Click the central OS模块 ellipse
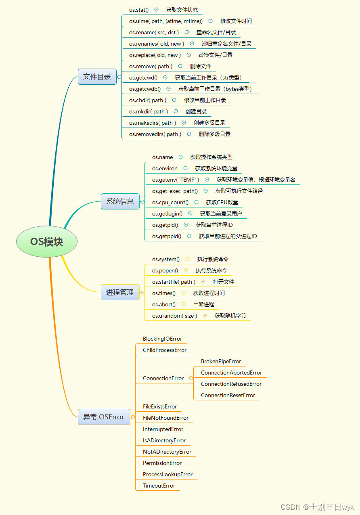[46, 241]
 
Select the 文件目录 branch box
[97, 77]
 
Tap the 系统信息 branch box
[120, 201]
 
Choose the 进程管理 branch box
[120, 292]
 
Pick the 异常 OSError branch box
[104, 417]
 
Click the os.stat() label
[139, 10]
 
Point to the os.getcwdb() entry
[145, 89]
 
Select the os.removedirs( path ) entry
[155, 134]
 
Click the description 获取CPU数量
[222, 202]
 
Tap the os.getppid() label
[167, 236]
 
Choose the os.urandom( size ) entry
[174, 316]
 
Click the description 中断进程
[204, 304]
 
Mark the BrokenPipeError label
[221, 361]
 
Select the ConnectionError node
[163, 378]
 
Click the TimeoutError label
[159, 486]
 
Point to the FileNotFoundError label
[165, 418]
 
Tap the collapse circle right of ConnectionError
[191, 378]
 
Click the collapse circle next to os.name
[180, 157]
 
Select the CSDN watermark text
[317, 507]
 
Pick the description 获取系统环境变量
[216, 168]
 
